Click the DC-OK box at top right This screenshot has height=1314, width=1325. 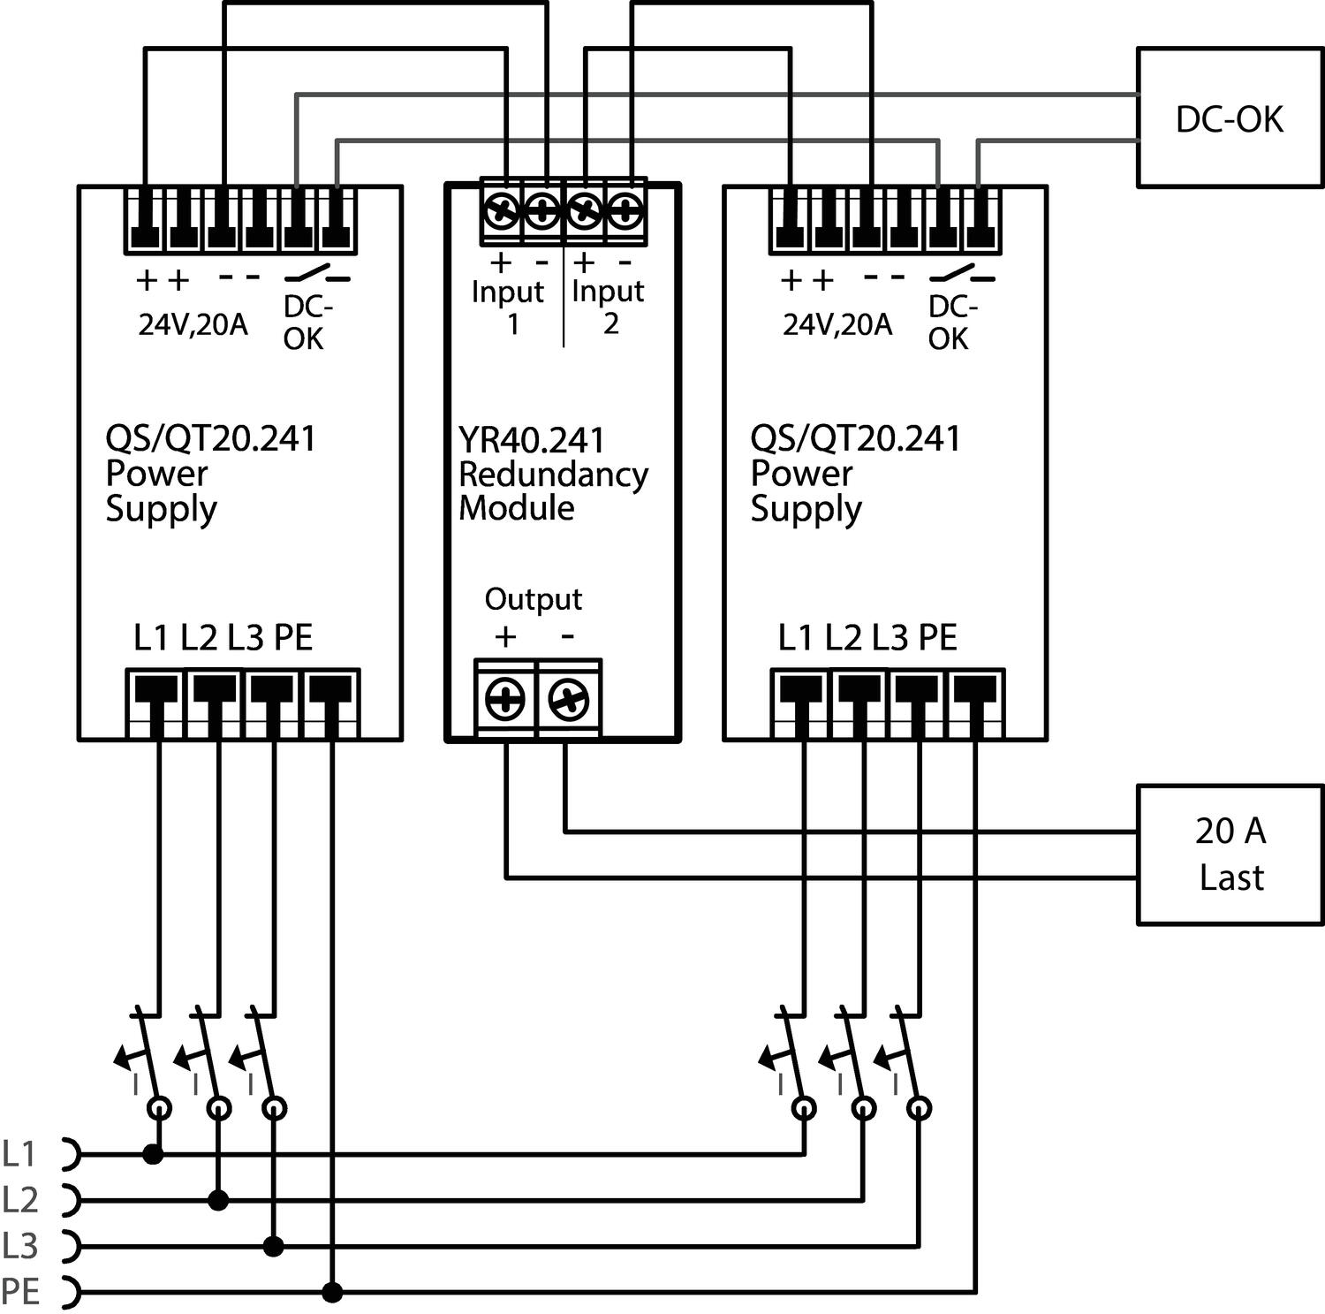tap(1229, 118)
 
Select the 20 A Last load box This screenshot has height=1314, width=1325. tap(1229, 854)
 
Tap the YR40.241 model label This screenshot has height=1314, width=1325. tap(532, 440)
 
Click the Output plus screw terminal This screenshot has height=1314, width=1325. tap(505, 700)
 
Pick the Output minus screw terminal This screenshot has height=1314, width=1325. tap(568, 700)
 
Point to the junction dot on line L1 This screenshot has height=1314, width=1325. tap(154, 1153)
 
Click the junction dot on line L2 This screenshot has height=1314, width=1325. tap(218, 1200)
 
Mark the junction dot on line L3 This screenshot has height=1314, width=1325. tap(274, 1246)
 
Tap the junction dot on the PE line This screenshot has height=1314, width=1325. tap(332, 1293)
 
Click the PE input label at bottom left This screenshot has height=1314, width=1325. tap(20, 1292)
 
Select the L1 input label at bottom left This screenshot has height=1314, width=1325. tap(19, 1153)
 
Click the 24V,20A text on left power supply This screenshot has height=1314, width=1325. tap(193, 325)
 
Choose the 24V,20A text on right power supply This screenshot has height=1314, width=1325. tap(837, 325)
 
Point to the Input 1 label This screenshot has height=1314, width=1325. tap(507, 307)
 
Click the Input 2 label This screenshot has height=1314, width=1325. tap(608, 307)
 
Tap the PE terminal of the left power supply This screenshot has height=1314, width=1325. tap(331, 703)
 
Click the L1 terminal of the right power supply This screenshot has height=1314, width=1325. tap(800, 703)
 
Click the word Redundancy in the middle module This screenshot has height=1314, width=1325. tap(553, 475)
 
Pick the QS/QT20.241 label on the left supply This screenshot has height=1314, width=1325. tap(210, 438)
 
